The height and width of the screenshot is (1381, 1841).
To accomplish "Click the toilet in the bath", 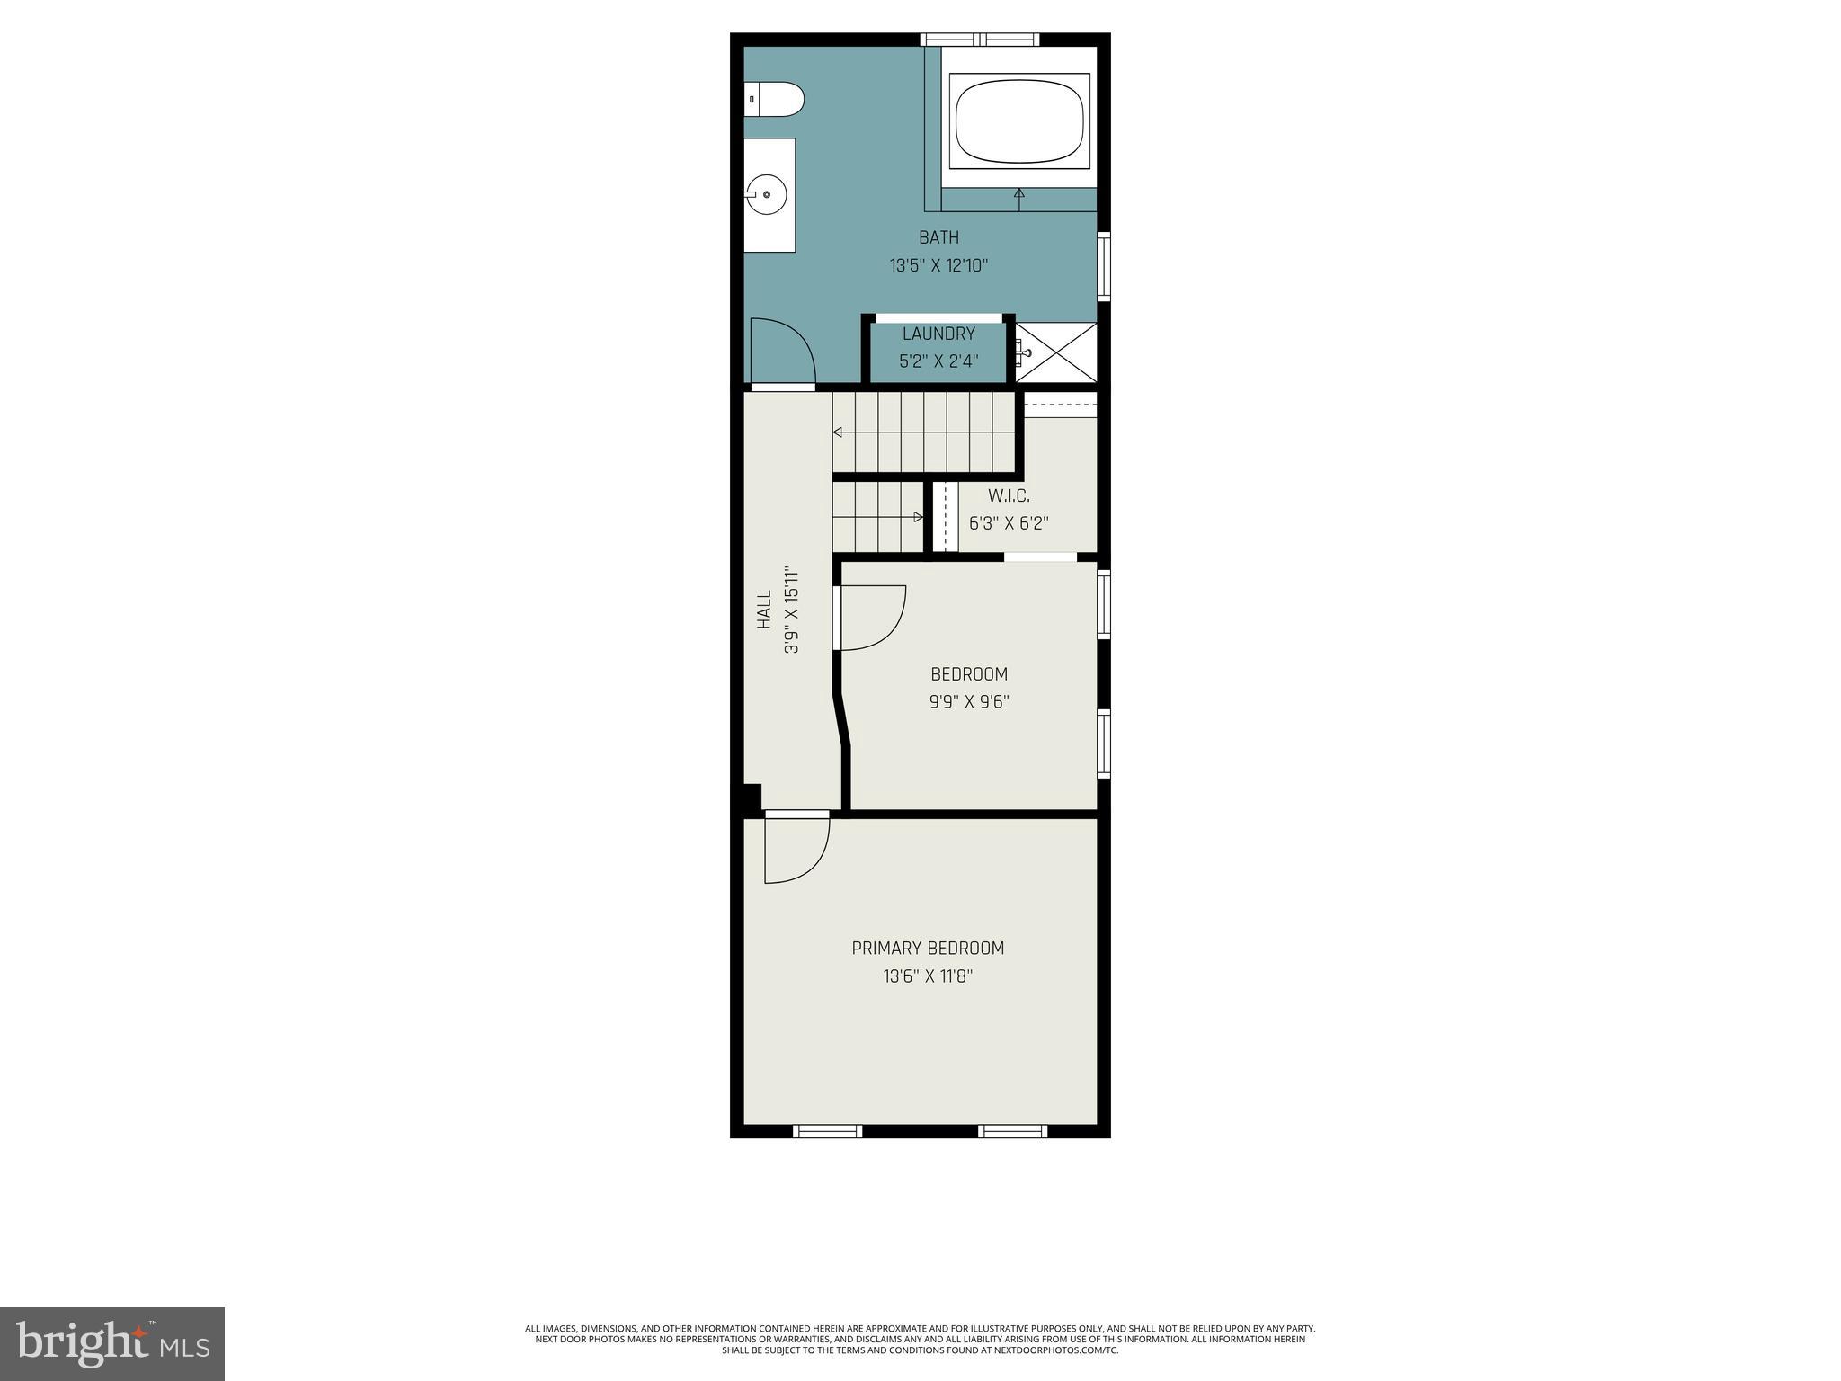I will [775, 99].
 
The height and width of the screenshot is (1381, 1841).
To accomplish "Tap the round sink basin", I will [767, 194].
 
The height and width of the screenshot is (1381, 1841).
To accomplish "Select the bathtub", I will [1020, 120].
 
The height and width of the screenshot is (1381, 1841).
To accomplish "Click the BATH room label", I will [938, 237].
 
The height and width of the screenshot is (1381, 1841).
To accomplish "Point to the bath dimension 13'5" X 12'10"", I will [938, 266].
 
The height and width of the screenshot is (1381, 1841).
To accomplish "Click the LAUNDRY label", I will [938, 334].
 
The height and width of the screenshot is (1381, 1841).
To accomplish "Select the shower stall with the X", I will [1057, 353].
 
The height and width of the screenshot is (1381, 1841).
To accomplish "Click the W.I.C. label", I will [1009, 495].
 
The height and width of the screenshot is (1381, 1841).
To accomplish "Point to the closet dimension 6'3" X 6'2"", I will [1009, 523].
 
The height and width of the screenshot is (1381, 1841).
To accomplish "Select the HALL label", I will [764, 609].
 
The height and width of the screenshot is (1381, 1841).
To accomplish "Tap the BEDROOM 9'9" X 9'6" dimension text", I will [969, 702].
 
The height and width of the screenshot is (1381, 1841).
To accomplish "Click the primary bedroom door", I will [796, 849].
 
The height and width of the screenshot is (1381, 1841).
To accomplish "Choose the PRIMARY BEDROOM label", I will [928, 948].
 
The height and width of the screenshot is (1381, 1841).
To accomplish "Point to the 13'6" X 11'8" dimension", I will [928, 976].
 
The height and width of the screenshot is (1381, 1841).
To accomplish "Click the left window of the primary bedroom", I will [827, 1131].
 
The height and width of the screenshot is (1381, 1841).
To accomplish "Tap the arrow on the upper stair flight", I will [838, 432].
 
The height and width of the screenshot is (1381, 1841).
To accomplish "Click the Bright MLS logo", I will [112, 1343].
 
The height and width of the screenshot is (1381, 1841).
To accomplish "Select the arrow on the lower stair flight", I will [918, 517].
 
